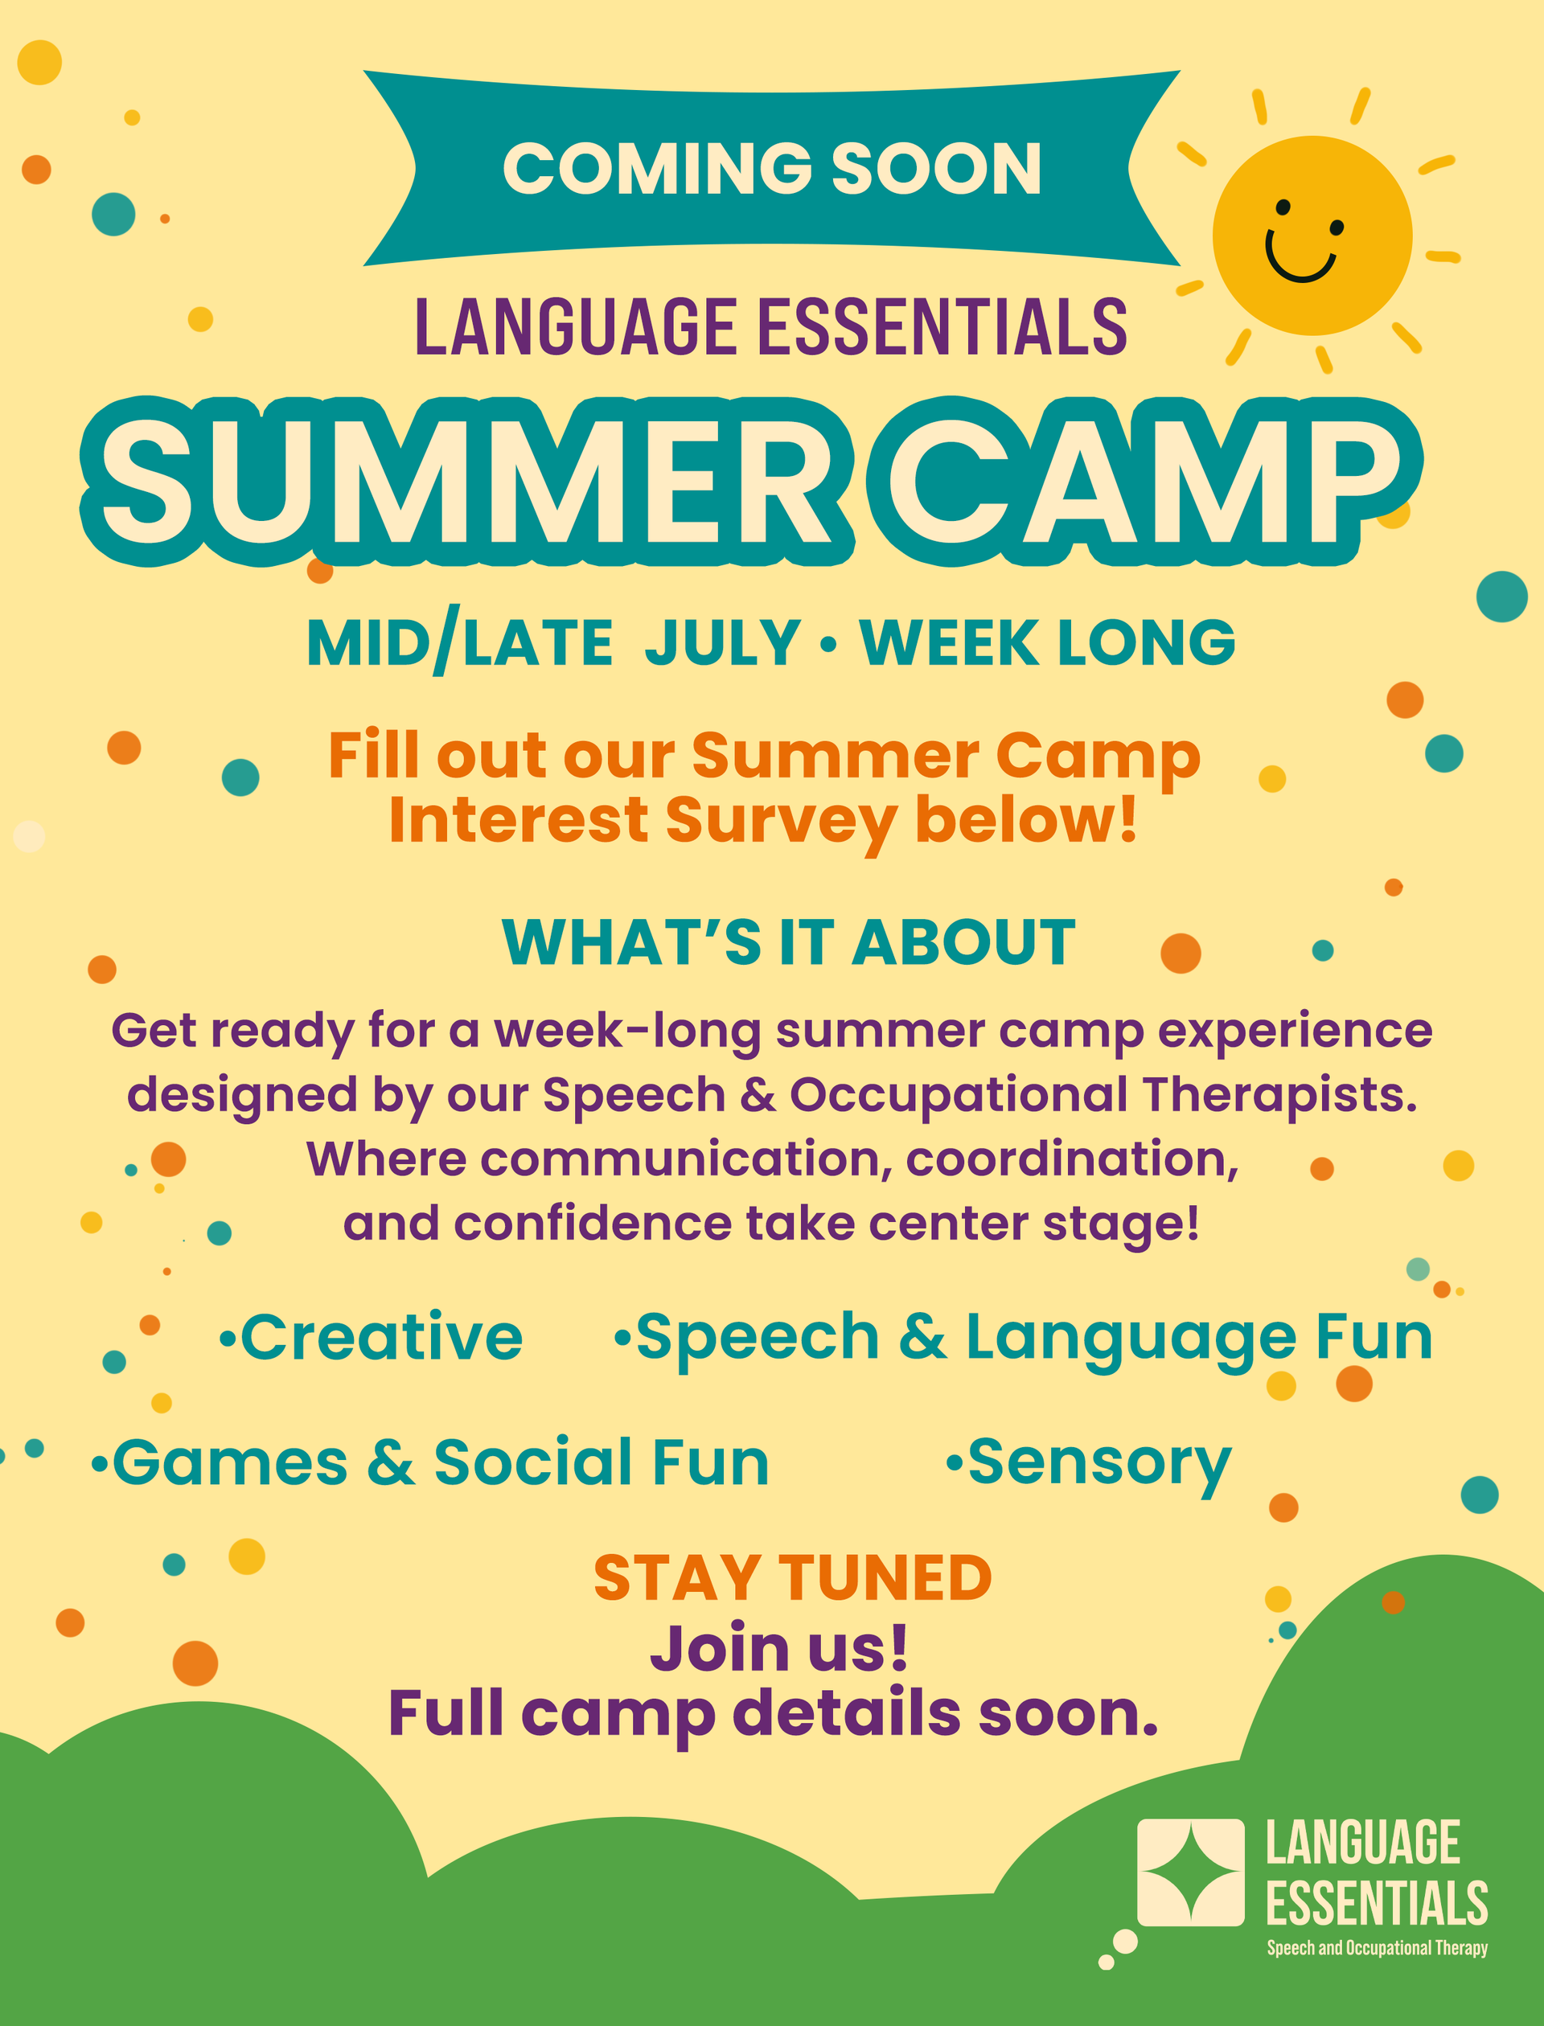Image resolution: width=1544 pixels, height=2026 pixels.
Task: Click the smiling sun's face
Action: click(x=1312, y=236)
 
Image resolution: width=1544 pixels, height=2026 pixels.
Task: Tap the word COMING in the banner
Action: click(x=657, y=169)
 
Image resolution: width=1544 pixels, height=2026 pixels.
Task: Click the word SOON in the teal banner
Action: click(x=937, y=169)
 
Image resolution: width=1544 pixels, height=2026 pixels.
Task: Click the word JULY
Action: click(x=722, y=642)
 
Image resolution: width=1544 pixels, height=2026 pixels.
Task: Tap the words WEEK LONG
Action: click(x=1048, y=642)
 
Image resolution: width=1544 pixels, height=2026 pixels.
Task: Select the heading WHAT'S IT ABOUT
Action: click(x=789, y=943)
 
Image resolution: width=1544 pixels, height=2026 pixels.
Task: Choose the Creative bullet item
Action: click(x=372, y=1337)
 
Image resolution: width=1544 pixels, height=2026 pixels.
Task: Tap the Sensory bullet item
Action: click(x=1089, y=1462)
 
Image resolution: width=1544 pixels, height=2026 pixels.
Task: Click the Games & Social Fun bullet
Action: click(x=430, y=1462)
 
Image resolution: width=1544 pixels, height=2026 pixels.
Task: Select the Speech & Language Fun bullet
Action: click(x=1024, y=1339)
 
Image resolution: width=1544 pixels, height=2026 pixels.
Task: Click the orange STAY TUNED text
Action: click(x=792, y=1577)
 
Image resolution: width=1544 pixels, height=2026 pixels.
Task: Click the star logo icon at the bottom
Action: click(x=1190, y=1872)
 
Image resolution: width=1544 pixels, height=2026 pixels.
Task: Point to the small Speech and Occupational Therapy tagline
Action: click(x=1377, y=1949)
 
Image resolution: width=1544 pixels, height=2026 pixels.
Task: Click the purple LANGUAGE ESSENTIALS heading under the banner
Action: click(x=771, y=327)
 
